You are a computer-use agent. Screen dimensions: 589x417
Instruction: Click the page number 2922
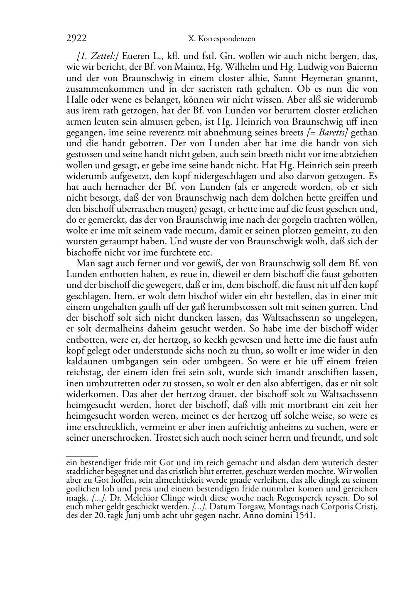pos(76,39)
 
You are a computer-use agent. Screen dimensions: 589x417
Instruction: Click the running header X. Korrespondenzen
pos(221,39)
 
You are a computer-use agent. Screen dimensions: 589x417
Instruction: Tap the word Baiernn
pos(361,67)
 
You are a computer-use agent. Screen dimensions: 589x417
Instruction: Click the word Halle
pos(76,100)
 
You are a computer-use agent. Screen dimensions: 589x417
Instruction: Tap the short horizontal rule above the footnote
pos(82,456)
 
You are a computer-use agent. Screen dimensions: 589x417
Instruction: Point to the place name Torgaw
pos(261,507)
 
